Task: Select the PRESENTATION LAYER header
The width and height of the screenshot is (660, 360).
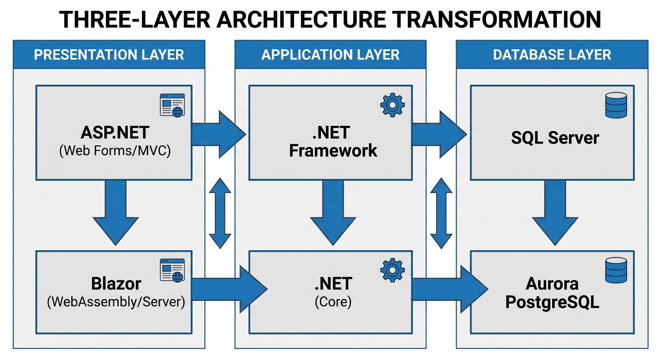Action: coord(109,54)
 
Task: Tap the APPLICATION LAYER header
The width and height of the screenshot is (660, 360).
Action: coord(330,54)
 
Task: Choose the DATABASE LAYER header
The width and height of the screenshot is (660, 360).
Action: coord(552,54)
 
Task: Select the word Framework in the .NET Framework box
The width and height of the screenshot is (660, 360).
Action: coord(333,150)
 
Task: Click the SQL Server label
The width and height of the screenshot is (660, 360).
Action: coord(555,138)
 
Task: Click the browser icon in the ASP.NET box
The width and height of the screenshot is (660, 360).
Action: coord(172,105)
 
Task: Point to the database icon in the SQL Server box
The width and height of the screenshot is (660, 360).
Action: coord(615,105)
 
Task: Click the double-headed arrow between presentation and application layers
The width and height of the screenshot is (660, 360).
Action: coord(220,213)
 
